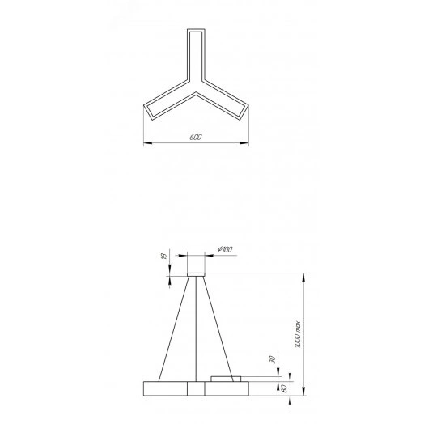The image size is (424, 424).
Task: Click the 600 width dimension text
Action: click(195, 138)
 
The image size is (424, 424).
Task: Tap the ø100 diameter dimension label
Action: click(226, 249)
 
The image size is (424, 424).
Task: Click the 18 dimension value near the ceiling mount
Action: click(163, 257)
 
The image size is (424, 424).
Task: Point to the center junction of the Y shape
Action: click(195, 90)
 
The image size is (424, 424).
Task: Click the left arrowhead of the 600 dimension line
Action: click(146, 144)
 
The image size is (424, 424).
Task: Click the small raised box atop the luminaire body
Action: click(226, 379)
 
